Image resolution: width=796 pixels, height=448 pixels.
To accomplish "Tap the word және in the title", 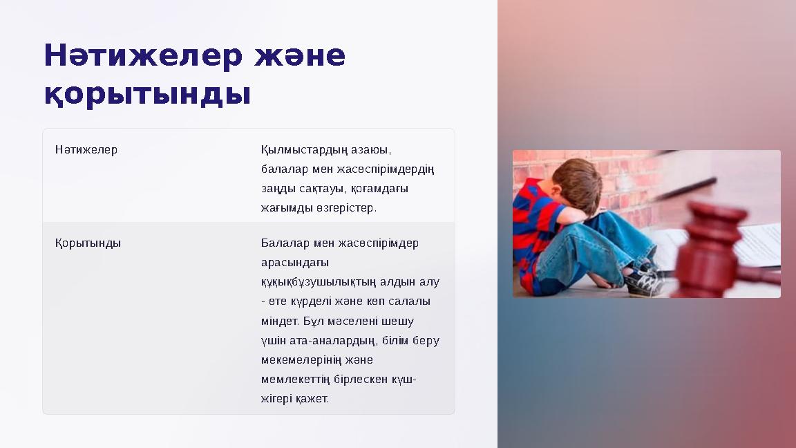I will [x=299, y=55].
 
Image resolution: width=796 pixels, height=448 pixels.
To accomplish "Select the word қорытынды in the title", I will [x=147, y=94].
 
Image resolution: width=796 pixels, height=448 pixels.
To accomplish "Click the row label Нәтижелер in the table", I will [x=86, y=149].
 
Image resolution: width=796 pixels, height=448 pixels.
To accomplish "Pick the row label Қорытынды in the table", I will [x=88, y=243].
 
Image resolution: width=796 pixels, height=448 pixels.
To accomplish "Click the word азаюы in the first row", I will [x=370, y=150].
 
